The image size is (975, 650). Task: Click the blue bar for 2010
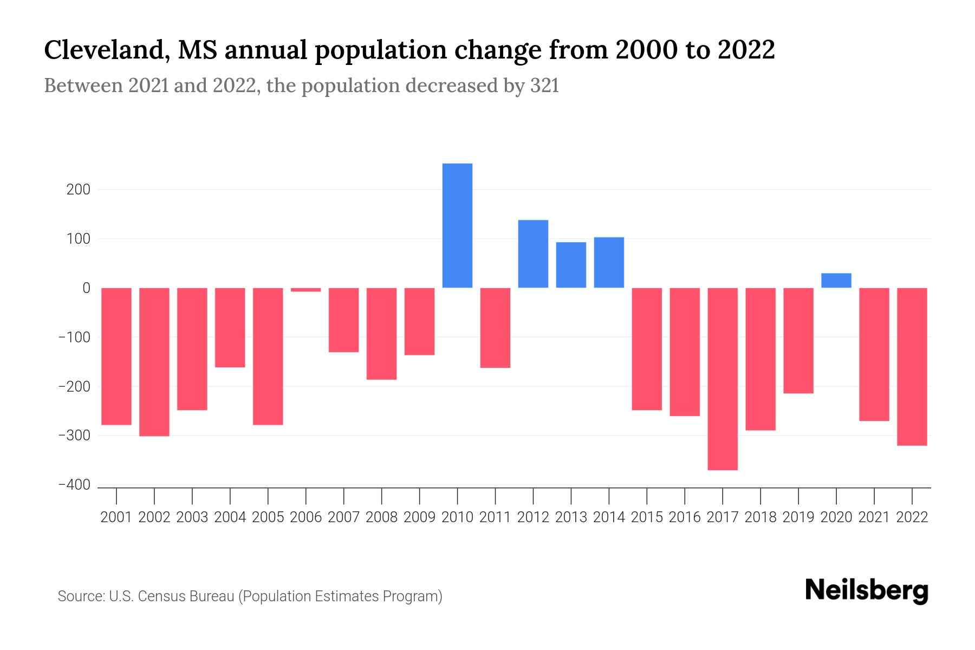pos(457,225)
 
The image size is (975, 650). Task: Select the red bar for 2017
pos(723,379)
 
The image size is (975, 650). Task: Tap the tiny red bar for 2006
pos(306,290)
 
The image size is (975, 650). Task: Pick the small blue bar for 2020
pos(836,281)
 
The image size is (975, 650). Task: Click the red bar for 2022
pos(912,366)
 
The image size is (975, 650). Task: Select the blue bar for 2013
pos(571,265)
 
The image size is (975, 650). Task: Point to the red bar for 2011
pos(495,328)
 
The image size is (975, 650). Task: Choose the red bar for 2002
pos(154,362)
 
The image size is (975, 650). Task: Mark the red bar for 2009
pos(419,321)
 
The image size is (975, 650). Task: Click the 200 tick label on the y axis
pos(79,190)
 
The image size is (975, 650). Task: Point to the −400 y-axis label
pos(74,485)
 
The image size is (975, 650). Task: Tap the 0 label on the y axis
pos(86,288)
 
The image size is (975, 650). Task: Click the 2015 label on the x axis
pos(647,517)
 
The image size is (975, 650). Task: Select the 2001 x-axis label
pos(116,517)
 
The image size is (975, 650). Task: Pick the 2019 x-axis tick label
pos(798,517)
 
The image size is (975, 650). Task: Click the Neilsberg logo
pos(867,590)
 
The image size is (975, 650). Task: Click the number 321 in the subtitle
pos(545,86)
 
